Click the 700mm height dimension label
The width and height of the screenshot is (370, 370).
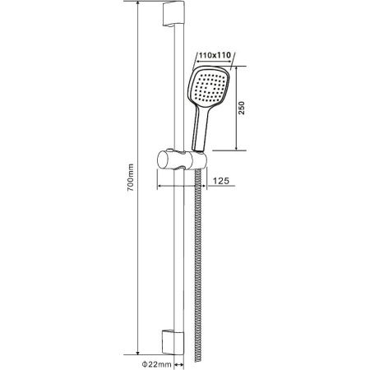coord(131,178)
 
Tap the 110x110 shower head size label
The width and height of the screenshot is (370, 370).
coord(215,55)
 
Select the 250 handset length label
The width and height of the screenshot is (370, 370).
coord(242,108)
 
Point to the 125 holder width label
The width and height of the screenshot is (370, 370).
coord(221,181)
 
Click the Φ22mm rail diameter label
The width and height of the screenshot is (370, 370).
coord(157,364)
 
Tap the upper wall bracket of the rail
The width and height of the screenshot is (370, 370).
coord(173,14)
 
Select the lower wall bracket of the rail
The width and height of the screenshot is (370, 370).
coord(173,343)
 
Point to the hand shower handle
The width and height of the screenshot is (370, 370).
coord(201,128)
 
